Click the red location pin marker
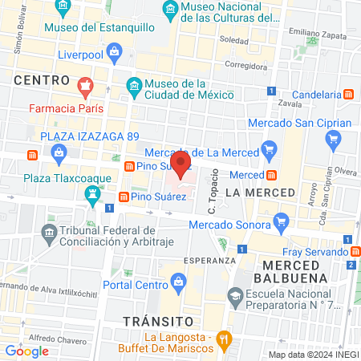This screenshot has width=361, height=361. pyautogui.click(x=182, y=166)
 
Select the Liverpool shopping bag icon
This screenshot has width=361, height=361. pyautogui.click(x=116, y=55)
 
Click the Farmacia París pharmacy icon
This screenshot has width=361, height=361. pyautogui.click(x=83, y=85)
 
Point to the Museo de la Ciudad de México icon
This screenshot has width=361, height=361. pyautogui.click(x=135, y=85)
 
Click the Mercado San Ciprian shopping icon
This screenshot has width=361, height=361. pyautogui.click(x=334, y=141)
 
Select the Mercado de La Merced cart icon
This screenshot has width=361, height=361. pyautogui.click(x=269, y=150)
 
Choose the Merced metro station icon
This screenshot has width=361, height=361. pyautogui.click(x=273, y=174)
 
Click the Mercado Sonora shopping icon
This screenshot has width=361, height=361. pyautogui.click(x=280, y=221)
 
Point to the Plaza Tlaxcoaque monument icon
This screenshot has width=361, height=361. pyautogui.click(x=93, y=194)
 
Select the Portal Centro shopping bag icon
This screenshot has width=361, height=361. pyautogui.click(x=178, y=282)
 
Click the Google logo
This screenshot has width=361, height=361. pyautogui.click(x=26, y=351)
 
